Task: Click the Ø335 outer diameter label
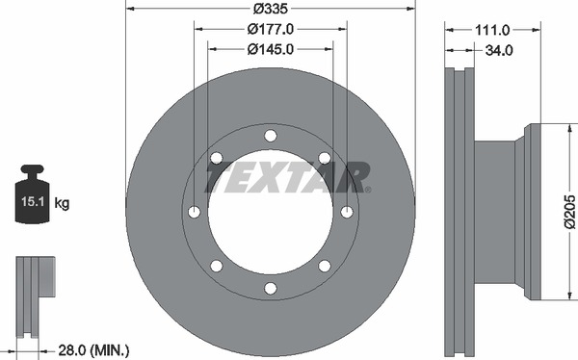(x=270, y=9)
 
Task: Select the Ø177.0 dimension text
(x=270, y=29)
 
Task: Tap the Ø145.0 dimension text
(x=270, y=49)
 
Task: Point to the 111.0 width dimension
(x=492, y=30)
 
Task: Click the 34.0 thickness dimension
(x=499, y=50)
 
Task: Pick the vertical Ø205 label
(x=569, y=212)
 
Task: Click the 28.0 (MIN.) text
(x=93, y=349)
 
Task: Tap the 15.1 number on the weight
(x=33, y=201)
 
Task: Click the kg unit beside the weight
(x=62, y=203)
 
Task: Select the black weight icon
(x=32, y=194)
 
